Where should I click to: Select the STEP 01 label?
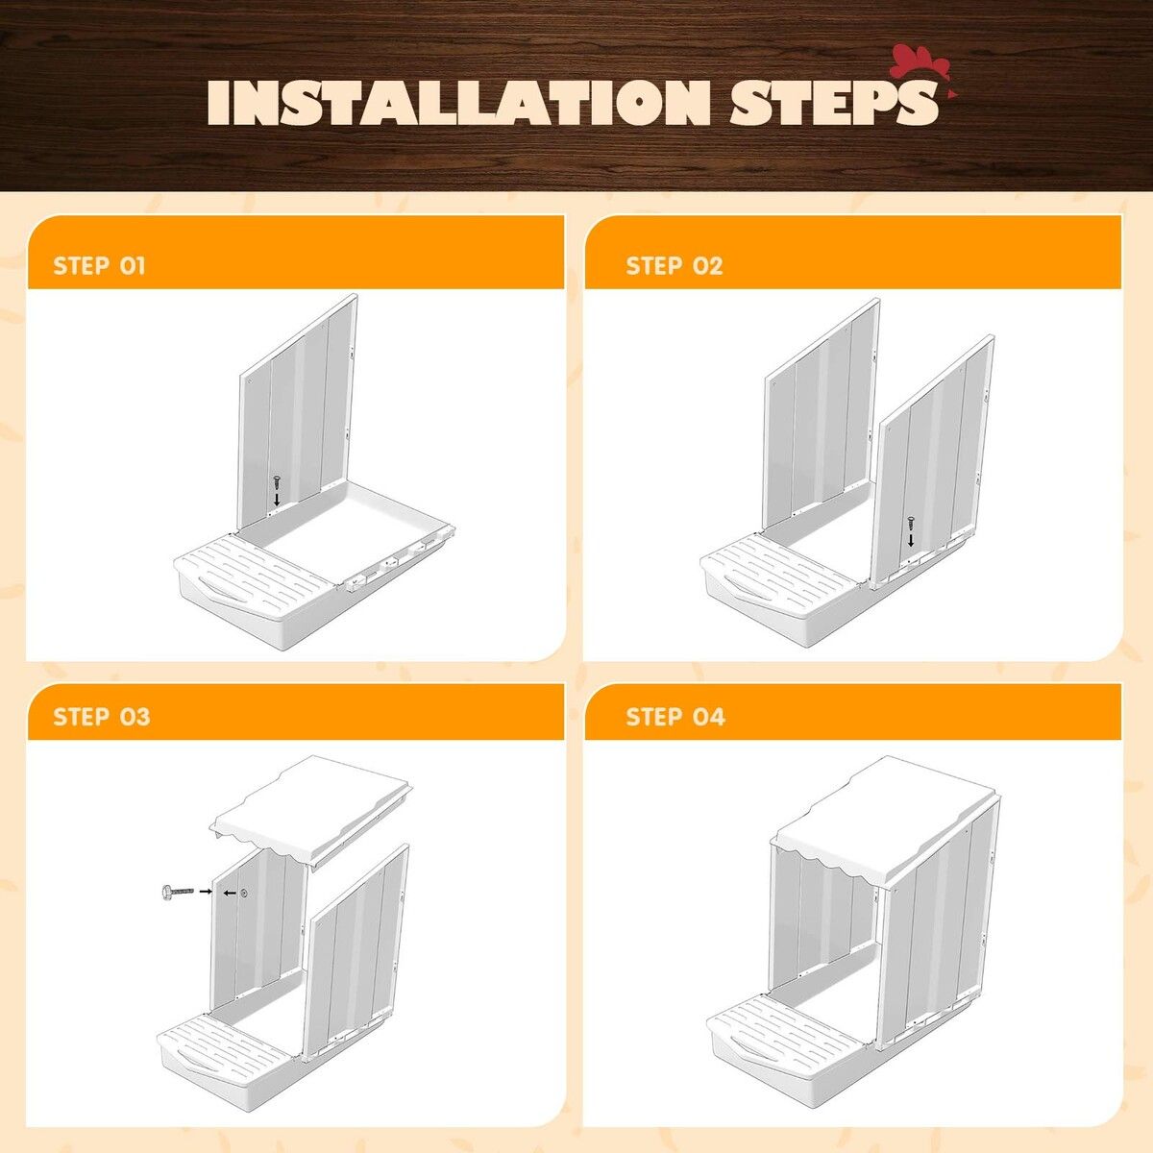coord(100,266)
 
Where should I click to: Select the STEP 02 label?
coord(674,266)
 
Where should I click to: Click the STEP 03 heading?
coord(102,717)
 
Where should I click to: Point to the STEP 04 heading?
coord(675,717)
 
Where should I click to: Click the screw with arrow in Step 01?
coord(276,480)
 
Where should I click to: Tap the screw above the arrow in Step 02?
coord(909,523)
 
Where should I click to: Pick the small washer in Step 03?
coord(243,894)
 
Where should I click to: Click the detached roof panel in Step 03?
coord(312,807)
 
